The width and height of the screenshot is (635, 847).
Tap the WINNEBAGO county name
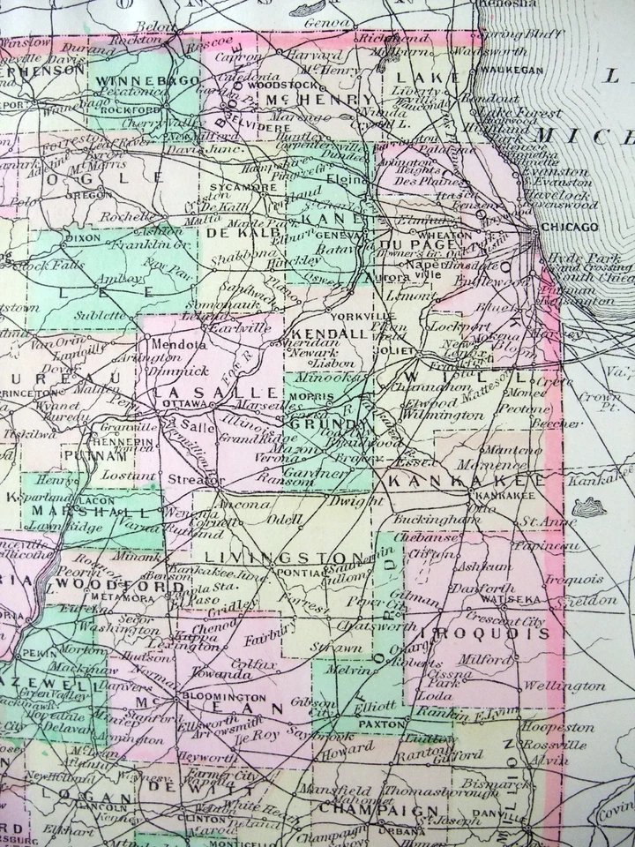tap(135, 81)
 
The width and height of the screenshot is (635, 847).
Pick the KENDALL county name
tap(333, 334)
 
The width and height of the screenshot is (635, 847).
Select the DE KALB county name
tap(231, 233)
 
